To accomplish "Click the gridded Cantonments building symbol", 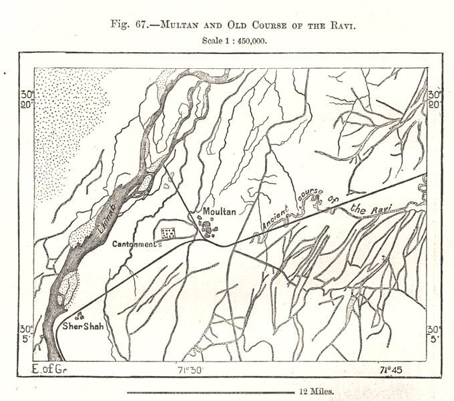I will [x=168, y=233].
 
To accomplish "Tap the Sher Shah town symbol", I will [x=81, y=314].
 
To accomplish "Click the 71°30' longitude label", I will [x=194, y=370].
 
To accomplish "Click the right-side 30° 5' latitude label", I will [x=435, y=334].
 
